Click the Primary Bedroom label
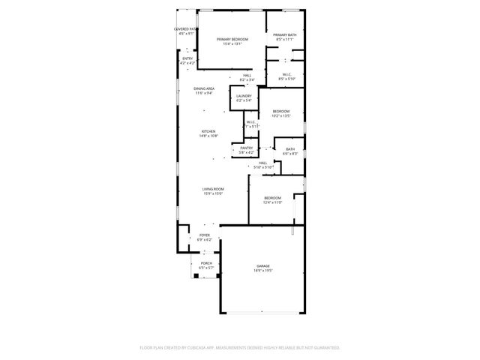click(x=232, y=39)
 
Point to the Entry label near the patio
click(x=187, y=58)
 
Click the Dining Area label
click(x=204, y=88)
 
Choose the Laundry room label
click(x=244, y=96)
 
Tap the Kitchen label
click(x=208, y=131)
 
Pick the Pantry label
click(x=247, y=148)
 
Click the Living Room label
click(x=213, y=189)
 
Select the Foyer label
click(x=205, y=235)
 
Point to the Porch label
click(x=205, y=263)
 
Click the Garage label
click(x=262, y=266)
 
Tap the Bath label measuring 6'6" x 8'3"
click(x=290, y=149)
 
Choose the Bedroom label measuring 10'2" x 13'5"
click(x=280, y=111)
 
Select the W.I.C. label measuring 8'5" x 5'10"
click(x=286, y=74)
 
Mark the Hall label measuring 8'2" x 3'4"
click(x=247, y=75)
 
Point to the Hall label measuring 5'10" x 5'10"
click(x=263, y=163)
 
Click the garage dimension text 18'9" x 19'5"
click(x=262, y=271)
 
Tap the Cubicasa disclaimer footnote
click(x=240, y=347)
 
